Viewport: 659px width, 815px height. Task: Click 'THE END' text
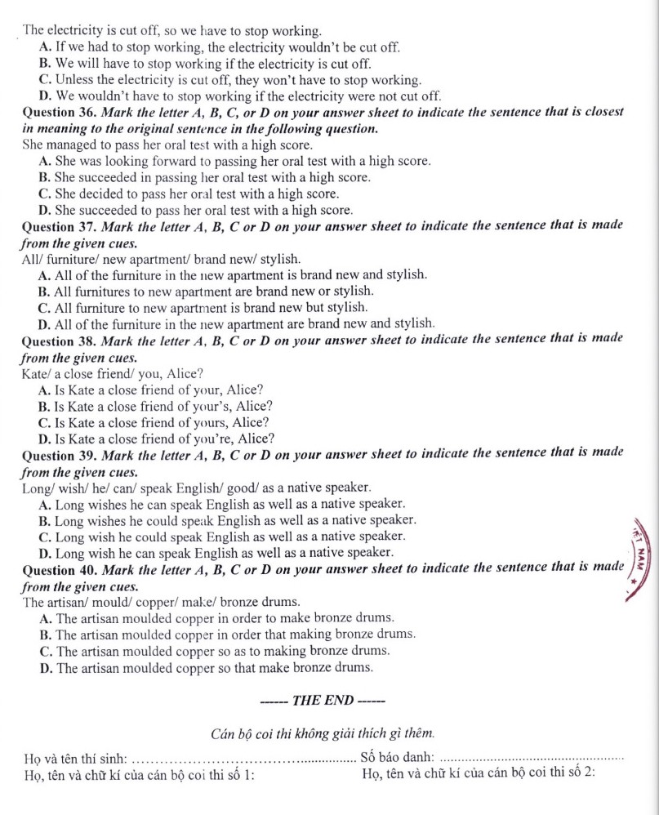point(322,700)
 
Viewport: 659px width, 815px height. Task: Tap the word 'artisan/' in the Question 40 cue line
point(69,603)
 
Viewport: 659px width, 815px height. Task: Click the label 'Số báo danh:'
point(397,761)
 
